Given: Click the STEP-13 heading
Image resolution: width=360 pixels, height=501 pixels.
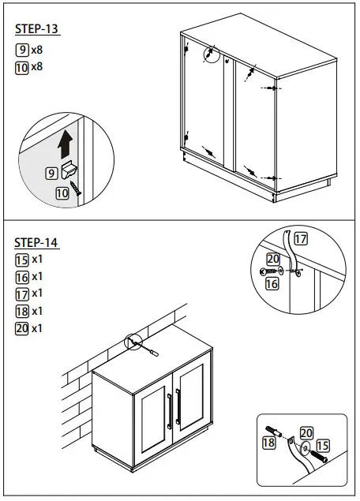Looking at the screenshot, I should coord(37,29).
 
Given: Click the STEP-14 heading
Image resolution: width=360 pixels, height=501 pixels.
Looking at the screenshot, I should coord(37,242).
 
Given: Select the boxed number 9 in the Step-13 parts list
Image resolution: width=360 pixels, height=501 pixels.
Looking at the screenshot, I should coord(22,49).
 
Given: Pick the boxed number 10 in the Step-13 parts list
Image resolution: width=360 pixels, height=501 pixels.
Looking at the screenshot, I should coord(22,67).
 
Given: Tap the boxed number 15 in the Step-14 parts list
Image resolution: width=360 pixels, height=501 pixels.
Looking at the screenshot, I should coord(22,259).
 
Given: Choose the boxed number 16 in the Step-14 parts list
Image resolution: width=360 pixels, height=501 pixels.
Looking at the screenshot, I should coord(22,276).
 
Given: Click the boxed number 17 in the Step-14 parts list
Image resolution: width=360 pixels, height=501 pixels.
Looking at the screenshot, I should coord(22,293).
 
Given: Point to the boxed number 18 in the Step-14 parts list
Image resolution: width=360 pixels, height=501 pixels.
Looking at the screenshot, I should coord(22,311).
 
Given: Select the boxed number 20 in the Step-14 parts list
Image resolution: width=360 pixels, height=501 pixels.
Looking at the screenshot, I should coord(22,328).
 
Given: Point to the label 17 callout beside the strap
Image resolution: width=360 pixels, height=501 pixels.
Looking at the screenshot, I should coord(301,237).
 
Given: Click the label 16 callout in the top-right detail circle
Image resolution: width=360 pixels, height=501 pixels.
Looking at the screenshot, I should coord(272,283).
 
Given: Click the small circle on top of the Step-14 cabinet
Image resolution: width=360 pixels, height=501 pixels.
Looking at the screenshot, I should coord(132,343).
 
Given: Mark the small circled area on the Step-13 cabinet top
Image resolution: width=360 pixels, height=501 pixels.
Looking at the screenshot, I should coord(210,54).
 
